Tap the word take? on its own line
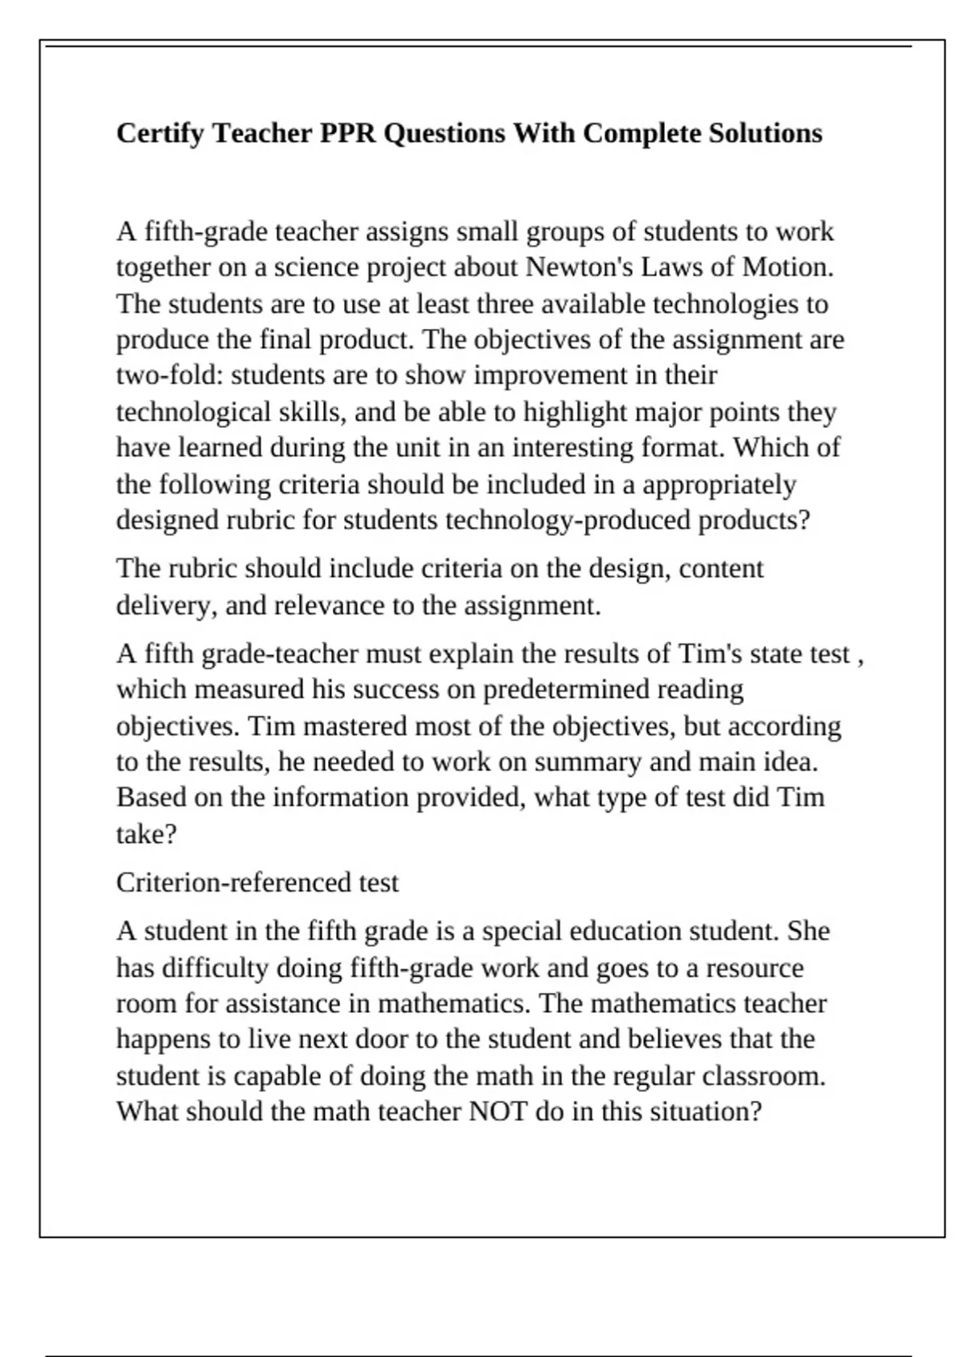[146, 835]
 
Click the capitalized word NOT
[498, 1112]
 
